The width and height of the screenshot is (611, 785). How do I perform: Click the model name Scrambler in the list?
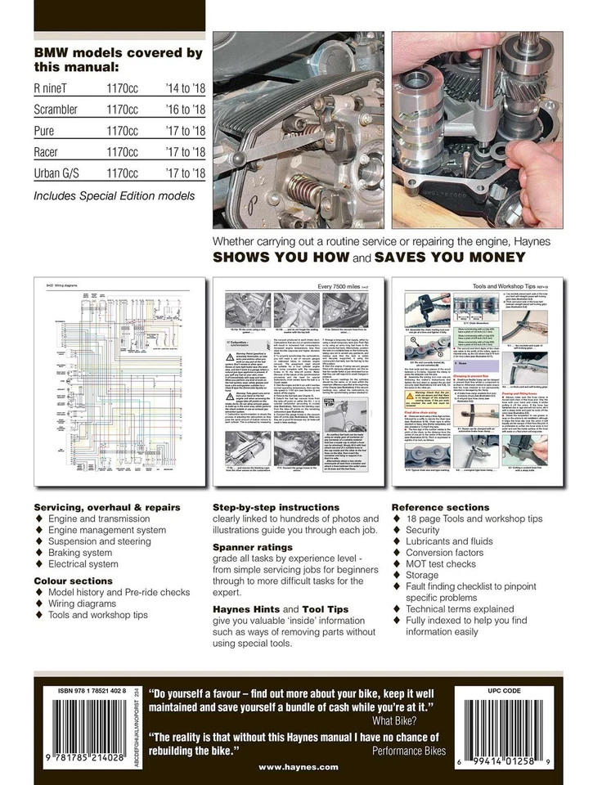(56, 109)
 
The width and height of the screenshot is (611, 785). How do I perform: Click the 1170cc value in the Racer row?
(122, 152)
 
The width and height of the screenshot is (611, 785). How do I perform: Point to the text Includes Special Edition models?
(114, 196)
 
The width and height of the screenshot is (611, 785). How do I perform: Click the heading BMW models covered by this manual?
(117, 60)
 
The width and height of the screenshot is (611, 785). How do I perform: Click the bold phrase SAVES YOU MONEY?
(447, 258)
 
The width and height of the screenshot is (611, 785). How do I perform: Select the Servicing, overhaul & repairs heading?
(107, 507)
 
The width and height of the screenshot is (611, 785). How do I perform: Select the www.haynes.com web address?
(299, 767)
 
